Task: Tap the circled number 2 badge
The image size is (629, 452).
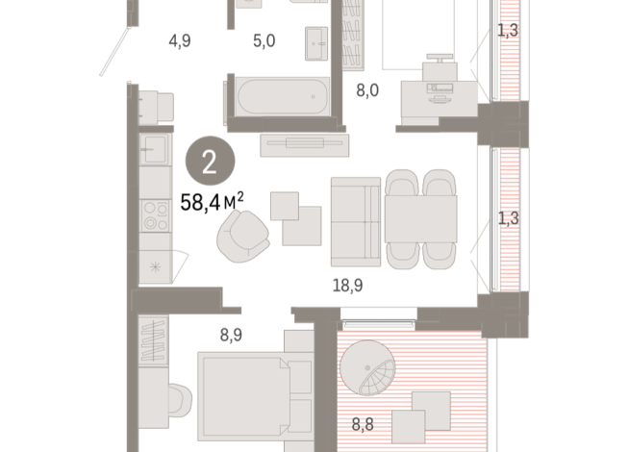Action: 211,160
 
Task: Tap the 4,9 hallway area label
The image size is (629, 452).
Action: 180,41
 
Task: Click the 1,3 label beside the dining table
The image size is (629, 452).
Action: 508,217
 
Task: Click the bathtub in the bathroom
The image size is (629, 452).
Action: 280,98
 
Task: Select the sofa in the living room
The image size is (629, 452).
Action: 356,220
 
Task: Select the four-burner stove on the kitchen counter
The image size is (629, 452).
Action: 153,215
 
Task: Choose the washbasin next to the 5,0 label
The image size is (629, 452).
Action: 316,41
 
